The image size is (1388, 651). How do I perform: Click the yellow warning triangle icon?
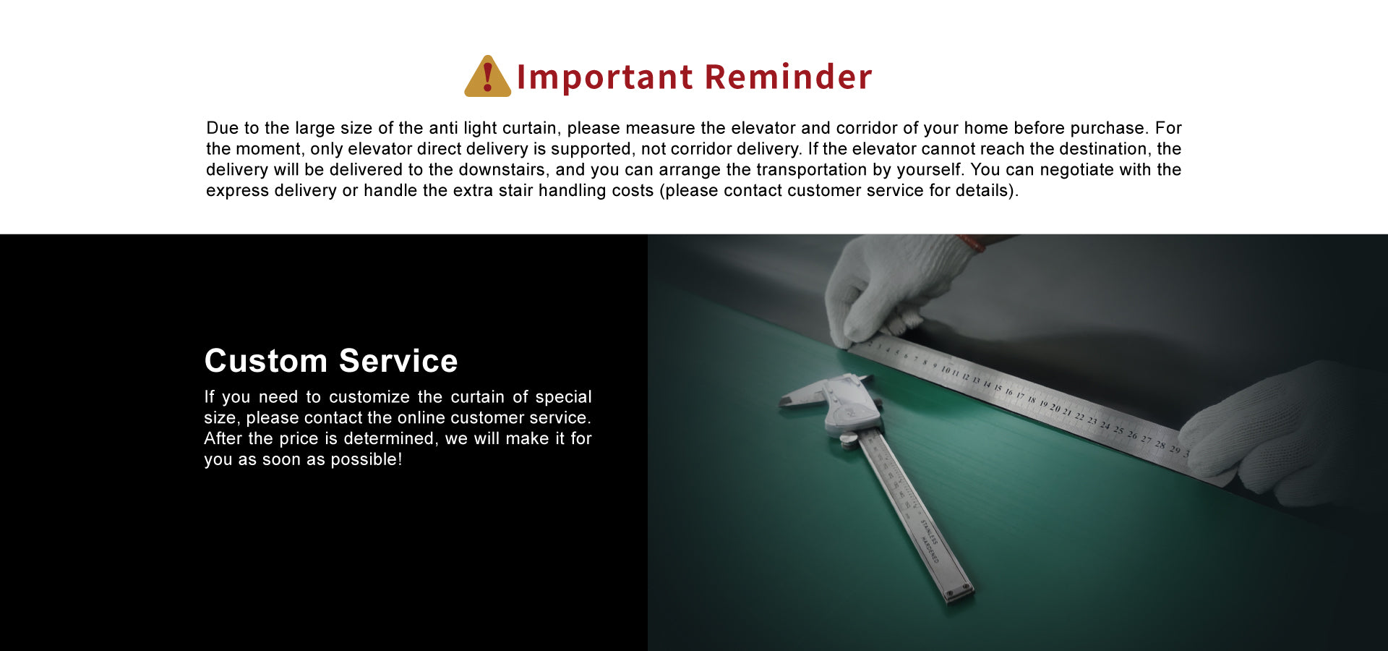click(x=488, y=77)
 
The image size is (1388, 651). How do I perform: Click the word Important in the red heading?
click(x=605, y=77)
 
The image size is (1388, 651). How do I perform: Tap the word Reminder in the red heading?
click(x=788, y=77)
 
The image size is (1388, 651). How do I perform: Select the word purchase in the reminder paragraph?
click(x=1108, y=128)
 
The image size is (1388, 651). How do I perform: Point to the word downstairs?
click(x=502, y=169)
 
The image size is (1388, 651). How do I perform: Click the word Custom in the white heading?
click(x=266, y=360)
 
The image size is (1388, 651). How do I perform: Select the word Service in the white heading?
click(x=398, y=360)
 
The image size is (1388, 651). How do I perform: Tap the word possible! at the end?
click(x=366, y=459)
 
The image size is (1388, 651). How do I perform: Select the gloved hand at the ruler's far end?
click(x=1287, y=434)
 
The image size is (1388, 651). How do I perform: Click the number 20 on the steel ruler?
click(x=1055, y=409)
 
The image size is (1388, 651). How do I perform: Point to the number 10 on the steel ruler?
click(x=946, y=370)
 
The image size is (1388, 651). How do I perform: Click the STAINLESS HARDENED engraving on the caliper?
click(x=929, y=540)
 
